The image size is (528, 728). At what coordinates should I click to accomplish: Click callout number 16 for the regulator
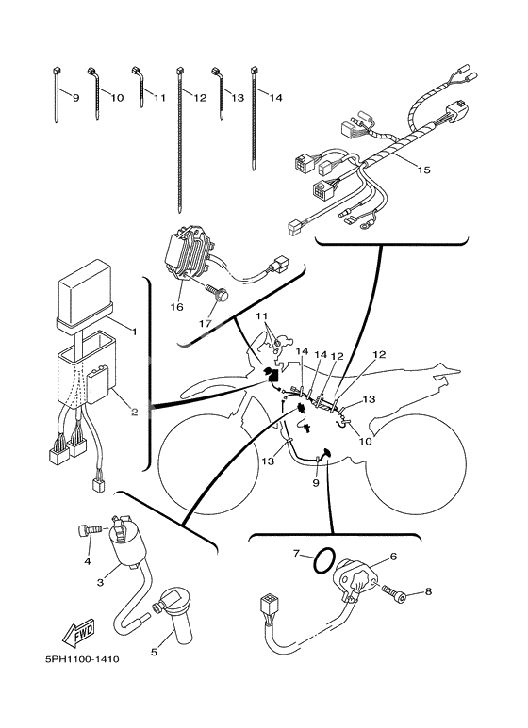click(175, 307)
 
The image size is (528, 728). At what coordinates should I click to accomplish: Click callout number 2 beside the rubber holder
click(134, 412)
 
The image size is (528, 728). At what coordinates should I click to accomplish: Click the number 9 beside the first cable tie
click(75, 98)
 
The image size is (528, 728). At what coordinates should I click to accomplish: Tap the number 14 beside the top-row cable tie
click(275, 98)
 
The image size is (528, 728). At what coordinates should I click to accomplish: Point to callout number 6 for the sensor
click(393, 557)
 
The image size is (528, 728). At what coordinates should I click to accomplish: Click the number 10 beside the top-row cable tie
click(117, 98)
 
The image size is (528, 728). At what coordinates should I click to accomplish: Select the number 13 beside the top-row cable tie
click(237, 98)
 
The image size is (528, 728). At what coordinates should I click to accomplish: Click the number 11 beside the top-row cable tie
click(158, 98)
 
